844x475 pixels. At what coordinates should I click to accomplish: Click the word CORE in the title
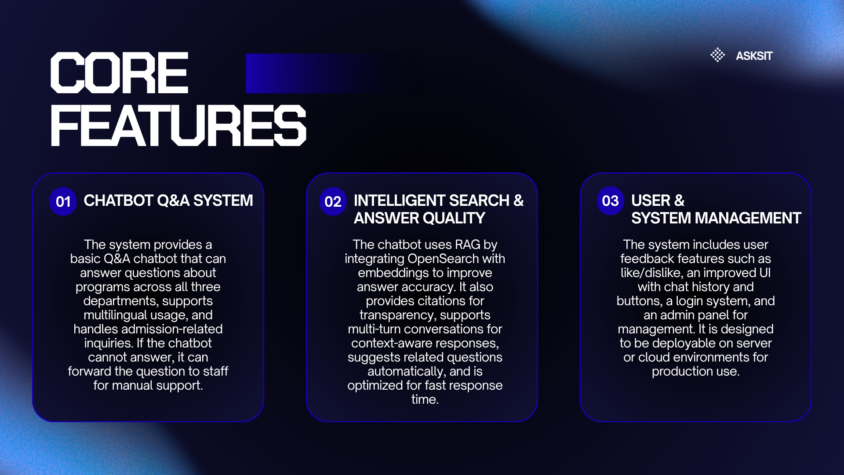coord(120,73)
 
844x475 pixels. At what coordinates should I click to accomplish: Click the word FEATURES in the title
coord(178,125)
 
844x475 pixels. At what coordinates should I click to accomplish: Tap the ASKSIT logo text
coord(754,56)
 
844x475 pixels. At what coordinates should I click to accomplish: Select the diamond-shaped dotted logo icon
coord(717,55)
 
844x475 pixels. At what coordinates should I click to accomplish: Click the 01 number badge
coord(63,201)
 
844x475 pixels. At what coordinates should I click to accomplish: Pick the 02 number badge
coord(333,201)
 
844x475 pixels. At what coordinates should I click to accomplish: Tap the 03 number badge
coord(610,201)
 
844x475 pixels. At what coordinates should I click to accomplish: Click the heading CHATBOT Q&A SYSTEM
coord(168,201)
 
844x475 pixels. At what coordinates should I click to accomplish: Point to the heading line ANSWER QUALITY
coord(419,218)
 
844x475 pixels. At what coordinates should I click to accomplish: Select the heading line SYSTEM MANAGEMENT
coord(716,218)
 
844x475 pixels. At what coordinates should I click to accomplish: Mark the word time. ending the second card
coord(425,399)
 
